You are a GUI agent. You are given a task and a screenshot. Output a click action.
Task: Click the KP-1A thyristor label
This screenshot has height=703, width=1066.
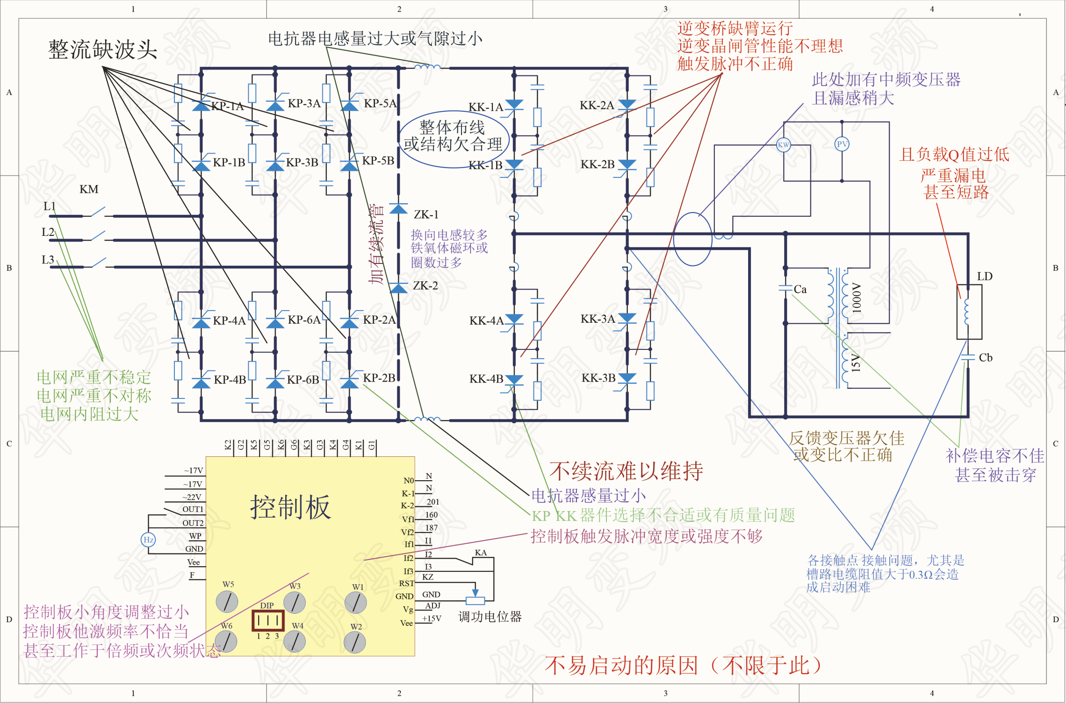[x=227, y=106]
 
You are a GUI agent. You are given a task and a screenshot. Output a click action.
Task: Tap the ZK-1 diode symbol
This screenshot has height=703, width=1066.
[x=398, y=209]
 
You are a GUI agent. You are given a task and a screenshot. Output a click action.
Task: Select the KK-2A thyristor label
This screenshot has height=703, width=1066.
[x=597, y=105]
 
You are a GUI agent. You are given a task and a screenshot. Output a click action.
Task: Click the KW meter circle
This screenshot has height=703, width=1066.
[x=783, y=145]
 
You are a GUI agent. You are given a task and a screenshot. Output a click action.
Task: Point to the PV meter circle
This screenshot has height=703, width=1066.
[x=842, y=144]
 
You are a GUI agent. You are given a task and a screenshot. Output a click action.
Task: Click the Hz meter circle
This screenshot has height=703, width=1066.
[x=148, y=540]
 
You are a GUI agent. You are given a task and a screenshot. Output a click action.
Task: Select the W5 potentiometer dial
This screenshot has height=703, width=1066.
[x=227, y=602]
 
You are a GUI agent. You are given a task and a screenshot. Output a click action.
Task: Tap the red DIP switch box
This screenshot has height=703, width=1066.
[x=268, y=621]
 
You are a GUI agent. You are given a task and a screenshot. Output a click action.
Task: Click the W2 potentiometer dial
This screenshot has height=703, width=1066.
[x=355, y=642]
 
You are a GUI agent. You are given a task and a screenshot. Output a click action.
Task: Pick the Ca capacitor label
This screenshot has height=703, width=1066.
[x=800, y=289]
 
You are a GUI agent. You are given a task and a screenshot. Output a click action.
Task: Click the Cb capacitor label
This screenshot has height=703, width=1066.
[x=986, y=358]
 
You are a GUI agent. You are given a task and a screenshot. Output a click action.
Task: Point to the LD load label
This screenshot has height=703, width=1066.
[x=985, y=277]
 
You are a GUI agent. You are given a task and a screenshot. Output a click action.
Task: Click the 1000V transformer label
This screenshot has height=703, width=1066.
[x=857, y=298]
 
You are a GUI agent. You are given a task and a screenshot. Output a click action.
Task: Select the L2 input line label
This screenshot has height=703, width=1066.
[x=48, y=232]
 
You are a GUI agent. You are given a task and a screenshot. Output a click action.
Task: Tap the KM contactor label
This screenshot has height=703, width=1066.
[x=89, y=189]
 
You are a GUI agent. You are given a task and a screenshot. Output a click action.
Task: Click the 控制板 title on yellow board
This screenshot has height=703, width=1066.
[x=290, y=507]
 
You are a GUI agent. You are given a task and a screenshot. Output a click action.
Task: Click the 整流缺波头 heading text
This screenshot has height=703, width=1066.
[x=102, y=50]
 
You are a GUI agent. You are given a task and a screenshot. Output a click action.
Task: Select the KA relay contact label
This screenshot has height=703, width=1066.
[x=481, y=553]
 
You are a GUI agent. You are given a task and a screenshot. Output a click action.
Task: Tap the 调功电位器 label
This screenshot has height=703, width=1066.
[x=490, y=617]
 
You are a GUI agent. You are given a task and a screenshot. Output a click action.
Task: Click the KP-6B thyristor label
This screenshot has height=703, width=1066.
[x=303, y=379]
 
